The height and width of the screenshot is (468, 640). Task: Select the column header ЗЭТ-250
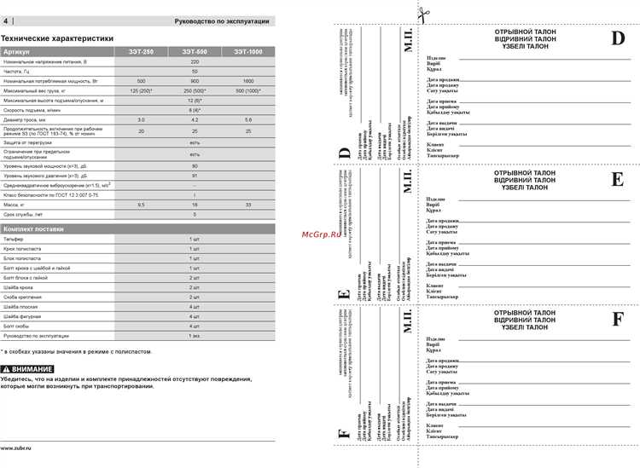[141, 52]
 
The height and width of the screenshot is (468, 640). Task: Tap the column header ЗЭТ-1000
[248, 52]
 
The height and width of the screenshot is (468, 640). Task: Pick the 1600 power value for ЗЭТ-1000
[248, 80]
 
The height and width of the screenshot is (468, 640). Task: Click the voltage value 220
[195, 61]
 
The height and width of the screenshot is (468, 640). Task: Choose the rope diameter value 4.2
[195, 118]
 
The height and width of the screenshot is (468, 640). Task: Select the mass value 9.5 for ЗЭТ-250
[141, 205]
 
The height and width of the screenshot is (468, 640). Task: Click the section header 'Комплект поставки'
[34, 229]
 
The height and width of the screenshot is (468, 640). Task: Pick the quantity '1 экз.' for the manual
[195, 336]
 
